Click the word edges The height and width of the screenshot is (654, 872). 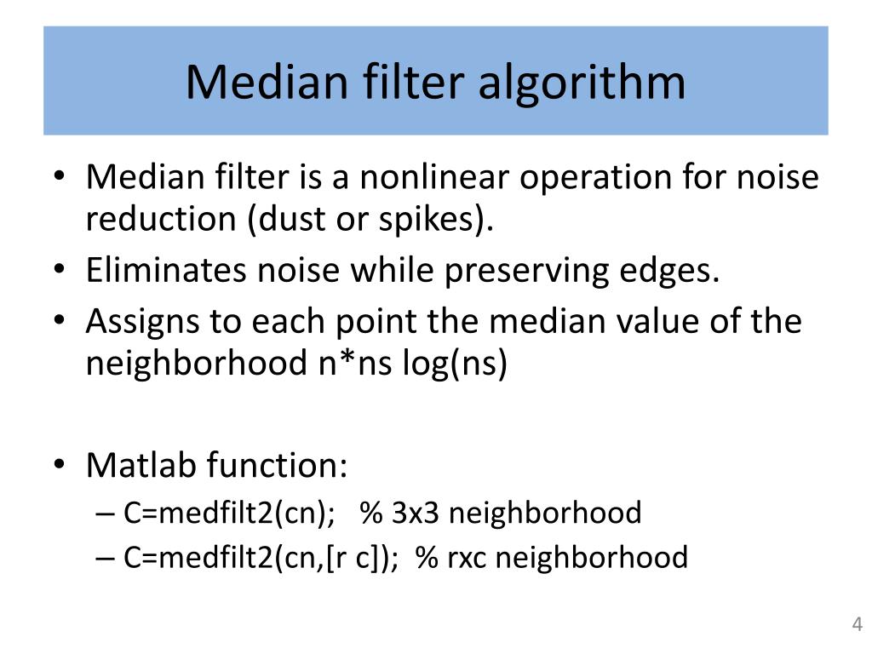[x=674, y=272]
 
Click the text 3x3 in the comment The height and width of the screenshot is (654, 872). [x=416, y=513]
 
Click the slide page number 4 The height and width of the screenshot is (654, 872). [x=858, y=624]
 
